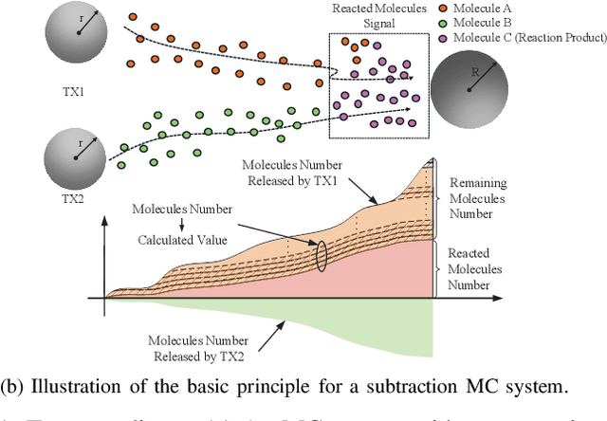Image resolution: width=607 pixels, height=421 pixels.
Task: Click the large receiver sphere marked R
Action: (x=471, y=90)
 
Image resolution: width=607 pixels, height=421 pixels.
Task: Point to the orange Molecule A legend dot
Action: (x=444, y=10)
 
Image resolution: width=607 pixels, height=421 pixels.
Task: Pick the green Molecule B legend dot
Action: (x=444, y=24)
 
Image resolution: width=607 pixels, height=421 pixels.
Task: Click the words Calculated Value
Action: (x=188, y=240)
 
